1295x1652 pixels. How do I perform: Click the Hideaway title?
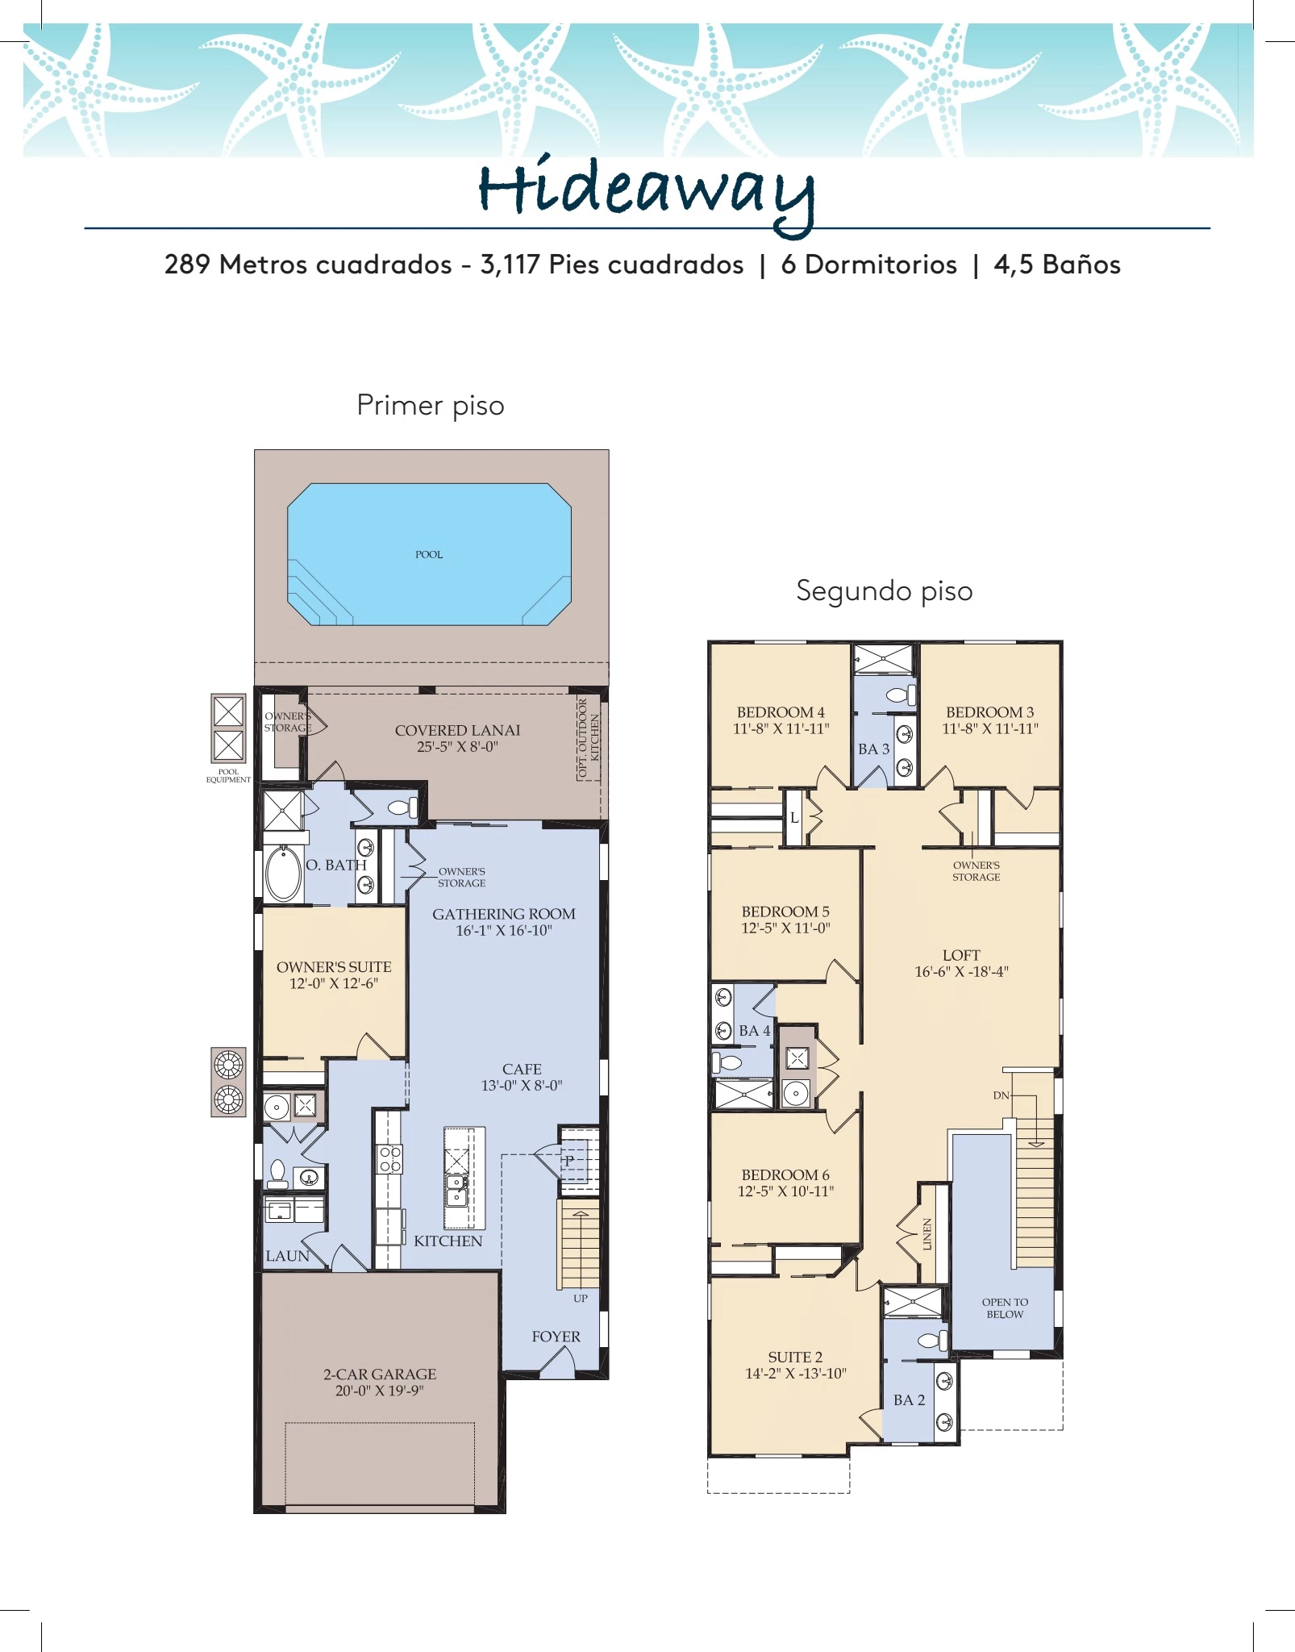(x=647, y=194)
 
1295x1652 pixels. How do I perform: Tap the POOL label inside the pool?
(x=429, y=555)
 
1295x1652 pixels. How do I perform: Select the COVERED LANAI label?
(x=457, y=730)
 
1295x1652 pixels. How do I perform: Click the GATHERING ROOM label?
(x=504, y=914)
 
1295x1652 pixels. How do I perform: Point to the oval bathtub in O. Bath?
(x=283, y=873)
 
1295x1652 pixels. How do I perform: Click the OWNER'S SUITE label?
(x=334, y=966)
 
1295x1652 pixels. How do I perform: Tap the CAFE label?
(x=522, y=1069)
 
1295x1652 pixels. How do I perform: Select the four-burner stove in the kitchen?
(x=390, y=1159)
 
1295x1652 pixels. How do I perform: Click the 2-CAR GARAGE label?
(x=380, y=1374)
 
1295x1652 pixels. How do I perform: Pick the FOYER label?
(x=556, y=1337)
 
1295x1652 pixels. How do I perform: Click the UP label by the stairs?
(x=581, y=1299)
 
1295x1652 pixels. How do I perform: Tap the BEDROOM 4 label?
(x=781, y=712)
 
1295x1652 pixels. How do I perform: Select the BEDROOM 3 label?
(x=990, y=712)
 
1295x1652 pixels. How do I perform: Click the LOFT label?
(x=961, y=955)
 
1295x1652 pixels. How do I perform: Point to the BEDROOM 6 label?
(x=785, y=1174)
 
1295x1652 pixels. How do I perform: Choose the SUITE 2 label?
(x=795, y=1357)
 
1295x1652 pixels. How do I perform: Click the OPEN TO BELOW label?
(x=1005, y=1308)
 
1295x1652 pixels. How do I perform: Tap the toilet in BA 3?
(x=901, y=695)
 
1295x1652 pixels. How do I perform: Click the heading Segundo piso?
(x=885, y=591)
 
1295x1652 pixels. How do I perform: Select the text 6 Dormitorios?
(x=869, y=265)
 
